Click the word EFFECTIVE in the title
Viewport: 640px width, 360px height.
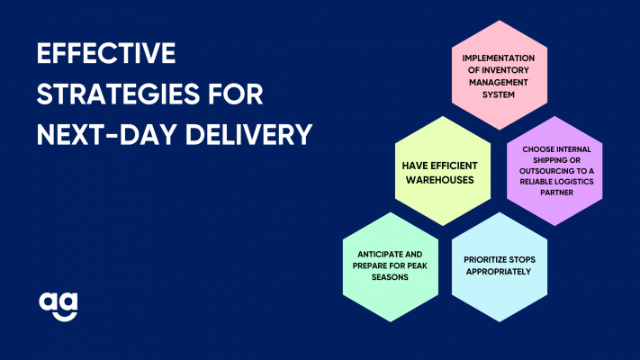[x=106, y=53]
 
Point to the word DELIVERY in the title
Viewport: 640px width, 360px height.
[x=249, y=135]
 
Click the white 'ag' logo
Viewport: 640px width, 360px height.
[x=59, y=307]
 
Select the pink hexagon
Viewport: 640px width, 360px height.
[x=500, y=75]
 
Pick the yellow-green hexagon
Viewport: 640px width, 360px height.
[x=443, y=171]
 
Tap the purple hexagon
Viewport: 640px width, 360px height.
[x=554, y=171]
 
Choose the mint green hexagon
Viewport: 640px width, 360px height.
[x=391, y=267]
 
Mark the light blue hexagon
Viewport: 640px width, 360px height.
[x=500, y=267]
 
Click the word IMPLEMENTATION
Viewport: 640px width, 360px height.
[x=499, y=58]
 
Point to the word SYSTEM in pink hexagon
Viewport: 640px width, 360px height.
[x=499, y=94]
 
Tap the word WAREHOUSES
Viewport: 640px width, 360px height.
[x=439, y=180]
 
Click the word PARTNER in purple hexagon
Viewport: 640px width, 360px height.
[x=556, y=193]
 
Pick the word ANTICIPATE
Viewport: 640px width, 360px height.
[x=375, y=255]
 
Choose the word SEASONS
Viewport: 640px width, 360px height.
[x=390, y=277]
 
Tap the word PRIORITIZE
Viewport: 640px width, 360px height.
[x=482, y=260]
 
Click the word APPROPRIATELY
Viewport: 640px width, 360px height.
[x=499, y=272]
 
